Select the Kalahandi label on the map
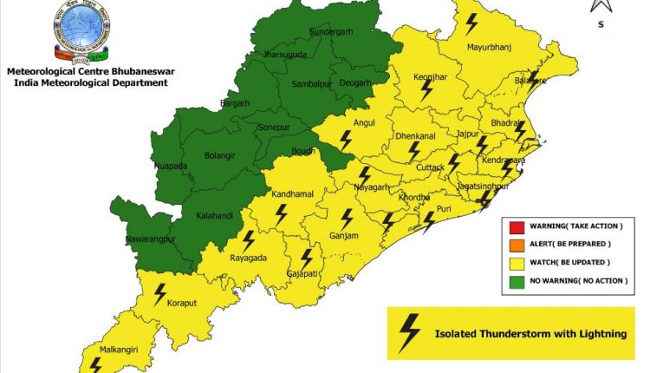point(213,215)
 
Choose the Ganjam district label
point(344,235)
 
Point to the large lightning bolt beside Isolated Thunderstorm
point(408,333)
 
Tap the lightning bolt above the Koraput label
point(159,293)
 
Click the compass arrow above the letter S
point(601,7)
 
